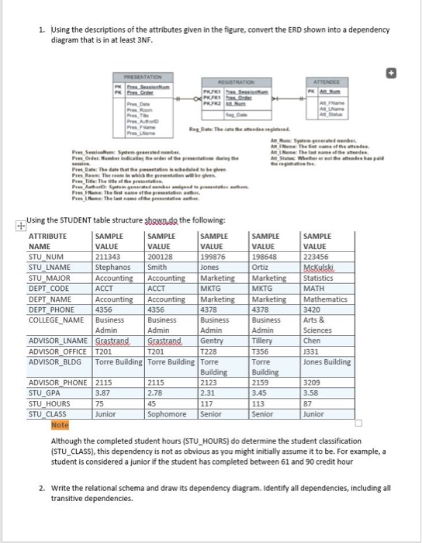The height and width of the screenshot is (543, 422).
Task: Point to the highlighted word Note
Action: [x=59, y=425]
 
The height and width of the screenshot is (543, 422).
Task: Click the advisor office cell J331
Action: [x=312, y=350]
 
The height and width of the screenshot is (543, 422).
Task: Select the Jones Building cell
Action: [x=328, y=361]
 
